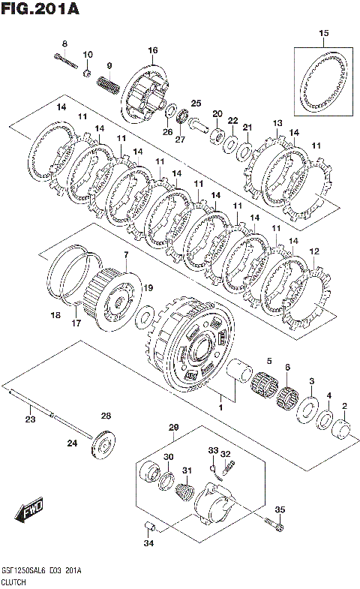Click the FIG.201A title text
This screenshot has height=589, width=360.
(40, 9)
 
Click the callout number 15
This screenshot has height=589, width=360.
(323, 33)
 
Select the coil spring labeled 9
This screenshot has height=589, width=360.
(109, 86)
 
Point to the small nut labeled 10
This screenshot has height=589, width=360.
(87, 72)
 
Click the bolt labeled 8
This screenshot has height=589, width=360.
(66, 61)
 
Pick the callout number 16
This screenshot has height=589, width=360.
(152, 50)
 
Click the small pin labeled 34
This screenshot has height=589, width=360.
(150, 526)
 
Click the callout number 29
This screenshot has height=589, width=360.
(173, 428)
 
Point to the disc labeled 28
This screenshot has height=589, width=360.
(103, 447)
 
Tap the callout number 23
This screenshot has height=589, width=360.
(31, 419)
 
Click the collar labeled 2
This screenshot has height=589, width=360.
(341, 428)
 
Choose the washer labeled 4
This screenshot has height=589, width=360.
(324, 420)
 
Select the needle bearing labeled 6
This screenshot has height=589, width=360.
(287, 398)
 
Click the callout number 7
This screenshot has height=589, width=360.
(126, 255)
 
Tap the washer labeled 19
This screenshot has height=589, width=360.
(145, 317)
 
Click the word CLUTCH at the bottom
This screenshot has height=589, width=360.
(13, 582)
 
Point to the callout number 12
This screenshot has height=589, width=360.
(314, 251)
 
